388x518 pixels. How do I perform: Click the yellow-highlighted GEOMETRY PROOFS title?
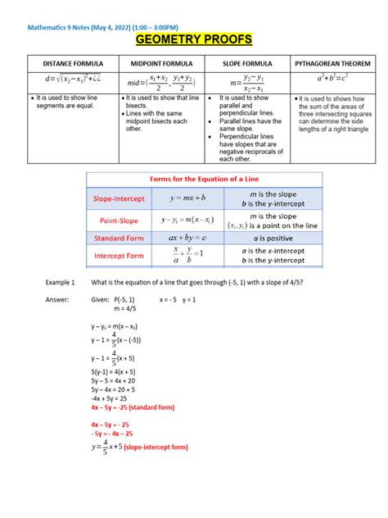[x=193, y=40]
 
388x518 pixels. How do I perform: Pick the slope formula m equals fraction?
[x=247, y=81]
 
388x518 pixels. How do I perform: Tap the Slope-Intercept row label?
[x=120, y=198]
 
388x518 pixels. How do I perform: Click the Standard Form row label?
[x=121, y=239]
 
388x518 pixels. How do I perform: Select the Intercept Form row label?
[x=121, y=256]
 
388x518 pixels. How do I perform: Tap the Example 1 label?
[x=61, y=282]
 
